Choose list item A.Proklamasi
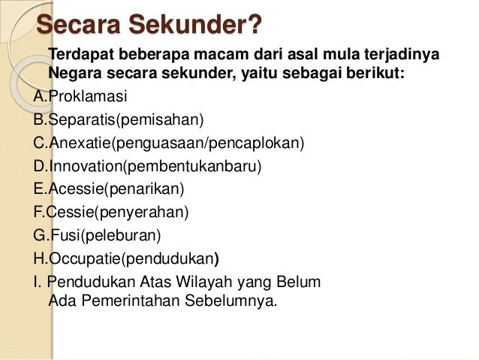81,97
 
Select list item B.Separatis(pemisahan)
119,120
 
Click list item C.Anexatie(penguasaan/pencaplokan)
170,143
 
